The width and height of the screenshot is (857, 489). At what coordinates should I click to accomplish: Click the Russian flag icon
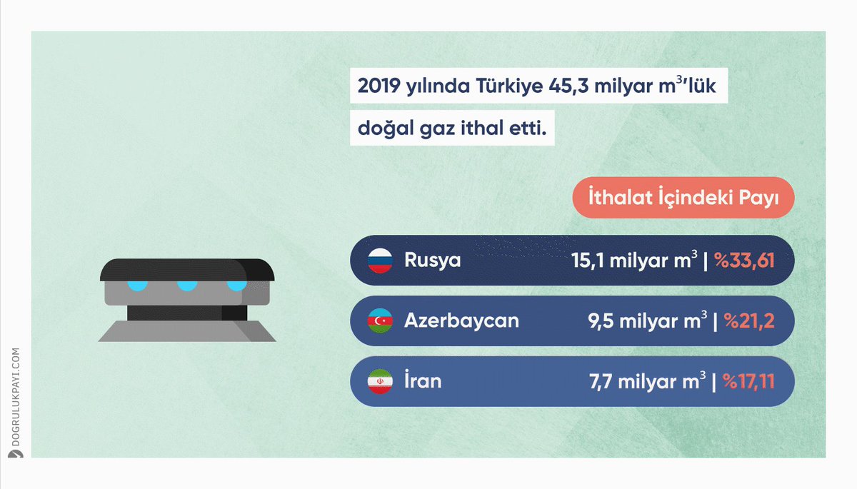380,261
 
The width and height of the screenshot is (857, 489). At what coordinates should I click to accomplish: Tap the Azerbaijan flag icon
380,321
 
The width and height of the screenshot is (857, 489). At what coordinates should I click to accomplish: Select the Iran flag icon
380,381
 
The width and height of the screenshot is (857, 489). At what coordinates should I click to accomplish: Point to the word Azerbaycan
461,321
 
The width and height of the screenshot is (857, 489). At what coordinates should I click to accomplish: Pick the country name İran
423,380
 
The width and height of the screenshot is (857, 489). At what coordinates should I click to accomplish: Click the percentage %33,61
744,261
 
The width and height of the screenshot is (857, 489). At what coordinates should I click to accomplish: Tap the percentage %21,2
749,321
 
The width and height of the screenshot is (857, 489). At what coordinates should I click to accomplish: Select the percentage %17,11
748,381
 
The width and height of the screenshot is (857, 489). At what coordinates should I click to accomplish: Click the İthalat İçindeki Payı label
683,198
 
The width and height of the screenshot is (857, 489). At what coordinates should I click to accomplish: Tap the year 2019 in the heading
379,86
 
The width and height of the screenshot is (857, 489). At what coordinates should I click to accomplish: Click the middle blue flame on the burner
187,286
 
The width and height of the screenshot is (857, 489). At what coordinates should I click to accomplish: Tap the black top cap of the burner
187,270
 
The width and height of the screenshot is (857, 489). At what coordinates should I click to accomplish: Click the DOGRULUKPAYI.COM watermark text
16,397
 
